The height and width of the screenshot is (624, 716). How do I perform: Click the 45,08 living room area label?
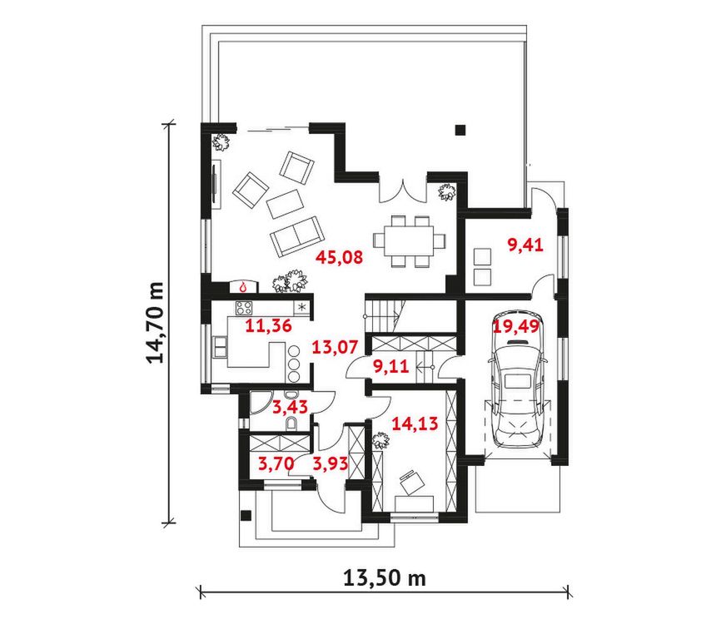pyautogui.click(x=340, y=257)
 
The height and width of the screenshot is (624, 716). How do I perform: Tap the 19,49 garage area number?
pyautogui.click(x=516, y=327)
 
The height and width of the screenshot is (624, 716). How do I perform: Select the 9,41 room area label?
pyautogui.click(x=525, y=245)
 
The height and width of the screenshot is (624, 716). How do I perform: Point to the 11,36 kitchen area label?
pyautogui.click(x=268, y=326)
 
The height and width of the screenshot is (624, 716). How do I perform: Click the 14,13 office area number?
pyautogui.click(x=415, y=423)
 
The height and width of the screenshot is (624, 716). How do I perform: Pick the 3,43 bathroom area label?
pyautogui.click(x=290, y=407)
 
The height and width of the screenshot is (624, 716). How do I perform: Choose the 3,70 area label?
pyautogui.click(x=276, y=464)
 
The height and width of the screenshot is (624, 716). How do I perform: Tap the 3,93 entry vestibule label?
pyautogui.click(x=331, y=464)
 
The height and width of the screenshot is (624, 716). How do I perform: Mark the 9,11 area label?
pyautogui.click(x=390, y=366)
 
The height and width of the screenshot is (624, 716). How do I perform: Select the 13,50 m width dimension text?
pyautogui.click(x=385, y=578)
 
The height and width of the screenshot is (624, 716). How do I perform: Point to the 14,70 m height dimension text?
pyautogui.click(x=155, y=322)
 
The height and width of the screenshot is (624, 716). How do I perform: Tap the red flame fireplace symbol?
pyautogui.click(x=243, y=287)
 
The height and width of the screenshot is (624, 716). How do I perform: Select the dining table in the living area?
pyautogui.click(x=409, y=240)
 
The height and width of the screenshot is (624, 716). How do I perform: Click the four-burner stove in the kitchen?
pyautogui.click(x=243, y=308)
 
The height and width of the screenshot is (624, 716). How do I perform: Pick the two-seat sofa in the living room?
pyautogui.click(x=297, y=236)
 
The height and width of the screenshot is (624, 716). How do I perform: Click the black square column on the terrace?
pyautogui.click(x=460, y=130)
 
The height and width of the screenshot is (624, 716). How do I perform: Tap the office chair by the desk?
pyautogui.click(x=411, y=482)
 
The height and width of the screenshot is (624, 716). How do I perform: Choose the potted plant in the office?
pyautogui.click(x=380, y=441)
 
